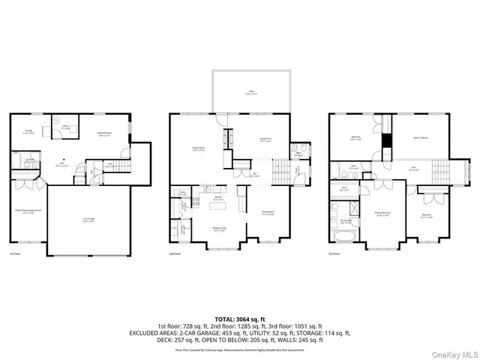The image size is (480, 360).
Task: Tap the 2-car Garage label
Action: [x=88, y=220]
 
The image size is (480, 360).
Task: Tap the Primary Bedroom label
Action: [x=384, y=213]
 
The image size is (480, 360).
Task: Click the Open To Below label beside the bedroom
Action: [x=421, y=138]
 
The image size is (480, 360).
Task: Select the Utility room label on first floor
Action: [x=65, y=127]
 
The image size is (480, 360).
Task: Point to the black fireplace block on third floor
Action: [x=387, y=140]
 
